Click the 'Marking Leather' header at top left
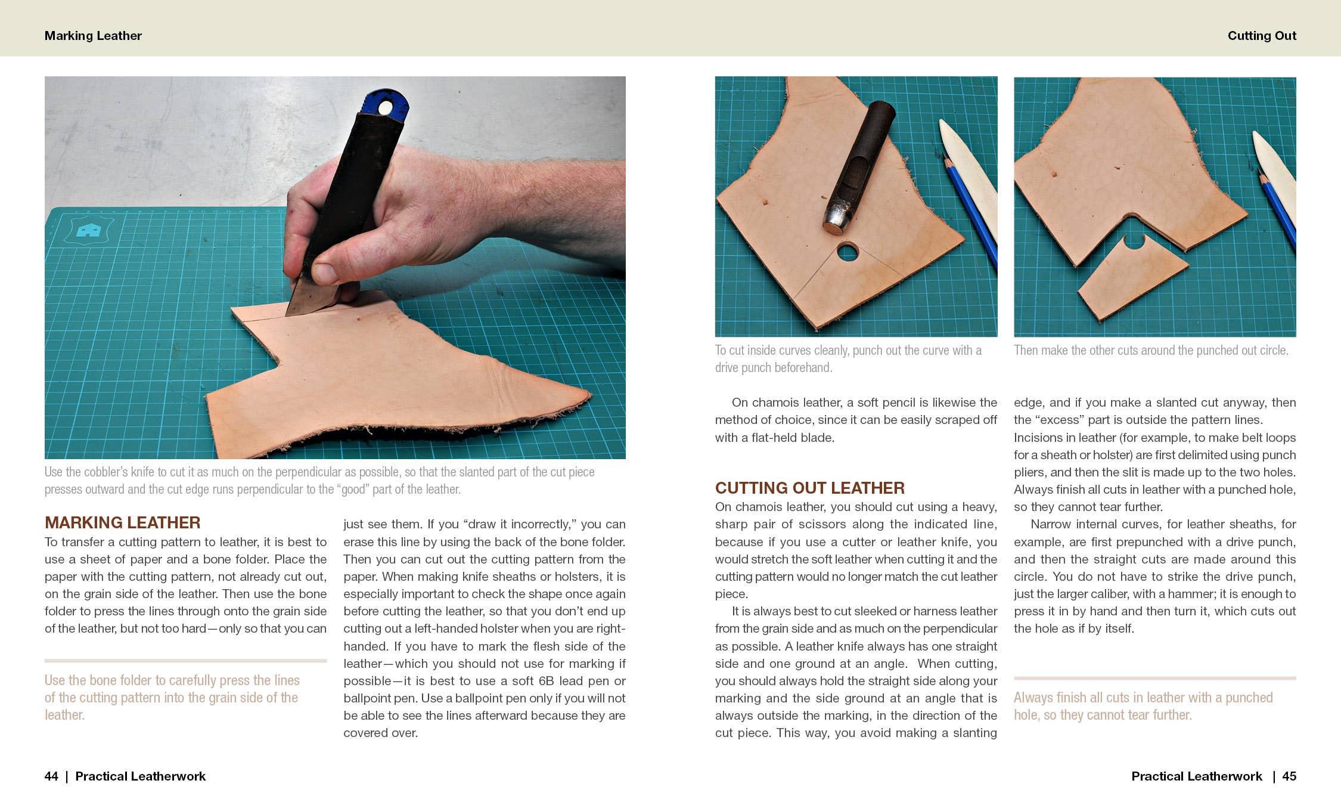93,36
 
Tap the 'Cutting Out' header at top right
1261,36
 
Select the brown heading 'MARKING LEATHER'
122,522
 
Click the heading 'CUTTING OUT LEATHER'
809,488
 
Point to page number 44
51,776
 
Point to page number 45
1289,776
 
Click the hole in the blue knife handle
385,108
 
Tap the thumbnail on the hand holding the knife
325,273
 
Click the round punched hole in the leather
847,252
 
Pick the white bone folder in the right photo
1275,173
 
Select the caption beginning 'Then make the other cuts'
1150,351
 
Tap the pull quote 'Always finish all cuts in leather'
1143,706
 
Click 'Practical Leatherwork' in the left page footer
140,776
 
